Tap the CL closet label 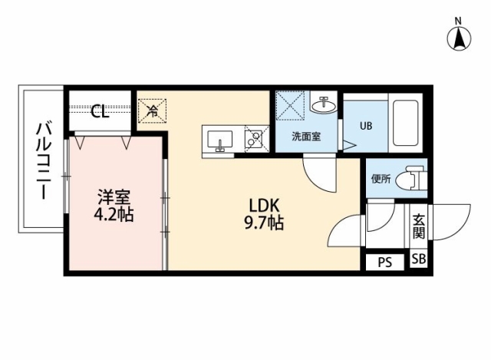(100, 111)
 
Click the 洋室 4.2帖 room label (114, 206)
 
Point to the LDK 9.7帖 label (264, 215)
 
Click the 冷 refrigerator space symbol (152, 111)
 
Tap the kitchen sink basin (220, 140)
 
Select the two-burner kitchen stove (256, 139)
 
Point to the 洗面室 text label (306, 137)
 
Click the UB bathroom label (366, 126)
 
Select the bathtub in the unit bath (405, 123)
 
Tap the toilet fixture (411, 179)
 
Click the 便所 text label (381, 179)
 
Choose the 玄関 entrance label (419, 226)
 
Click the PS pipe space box (385, 262)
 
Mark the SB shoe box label (418, 259)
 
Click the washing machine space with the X (290, 105)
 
